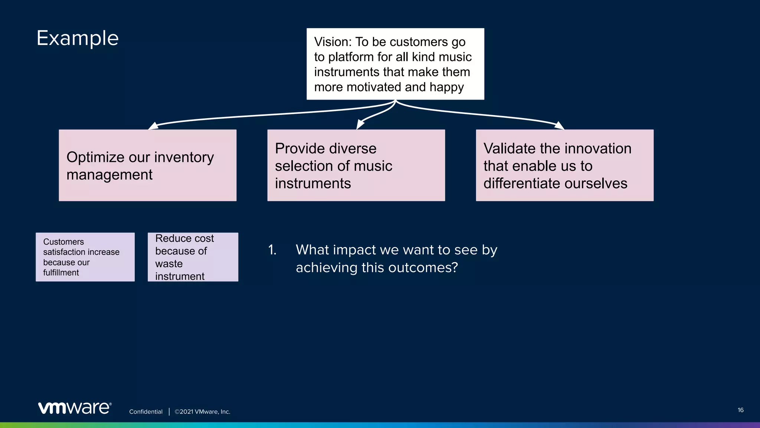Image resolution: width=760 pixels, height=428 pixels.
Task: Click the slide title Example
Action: pyautogui.click(x=78, y=38)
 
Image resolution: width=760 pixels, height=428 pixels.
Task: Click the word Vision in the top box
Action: pyautogui.click(x=332, y=42)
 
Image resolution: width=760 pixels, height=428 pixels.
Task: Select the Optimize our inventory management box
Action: pyautogui.click(x=147, y=165)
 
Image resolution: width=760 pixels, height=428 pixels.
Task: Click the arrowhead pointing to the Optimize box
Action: pyautogui.click(x=153, y=126)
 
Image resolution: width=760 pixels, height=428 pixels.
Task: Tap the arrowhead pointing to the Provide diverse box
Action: pyautogui.click(x=360, y=124)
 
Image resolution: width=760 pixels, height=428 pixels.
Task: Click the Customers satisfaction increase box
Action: pyautogui.click(x=85, y=257)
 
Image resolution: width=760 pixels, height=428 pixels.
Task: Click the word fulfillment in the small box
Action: pyautogui.click(x=61, y=273)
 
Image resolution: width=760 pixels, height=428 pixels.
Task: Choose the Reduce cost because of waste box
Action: pyautogui.click(x=193, y=257)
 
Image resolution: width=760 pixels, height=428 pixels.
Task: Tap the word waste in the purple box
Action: pyautogui.click(x=169, y=264)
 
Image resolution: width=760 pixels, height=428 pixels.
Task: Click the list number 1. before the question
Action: pyautogui.click(x=272, y=250)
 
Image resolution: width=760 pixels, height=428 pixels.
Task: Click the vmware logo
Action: pyautogui.click(x=75, y=408)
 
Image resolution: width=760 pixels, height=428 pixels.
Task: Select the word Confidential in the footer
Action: pyautogui.click(x=145, y=412)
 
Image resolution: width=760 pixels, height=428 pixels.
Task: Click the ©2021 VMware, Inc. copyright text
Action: pyautogui.click(x=202, y=412)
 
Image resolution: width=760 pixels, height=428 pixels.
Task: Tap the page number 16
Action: pyautogui.click(x=740, y=410)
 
